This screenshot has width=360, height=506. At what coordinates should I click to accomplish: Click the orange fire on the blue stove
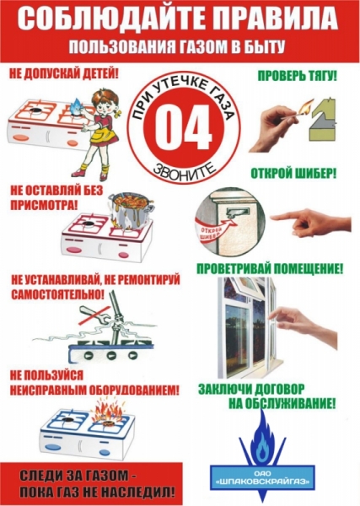[108, 413]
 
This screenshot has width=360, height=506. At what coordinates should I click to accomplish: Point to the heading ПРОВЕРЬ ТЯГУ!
[297, 76]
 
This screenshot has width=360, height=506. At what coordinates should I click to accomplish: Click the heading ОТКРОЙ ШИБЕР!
[293, 174]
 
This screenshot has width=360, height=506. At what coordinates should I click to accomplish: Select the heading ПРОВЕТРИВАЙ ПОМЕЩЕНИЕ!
[269, 269]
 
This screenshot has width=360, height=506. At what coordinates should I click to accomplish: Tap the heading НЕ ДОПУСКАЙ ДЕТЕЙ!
[64, 75]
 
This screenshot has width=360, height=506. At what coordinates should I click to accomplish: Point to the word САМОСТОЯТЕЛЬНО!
[57, 294]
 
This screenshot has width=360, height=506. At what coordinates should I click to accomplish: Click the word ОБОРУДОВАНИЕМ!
[133, 390]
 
